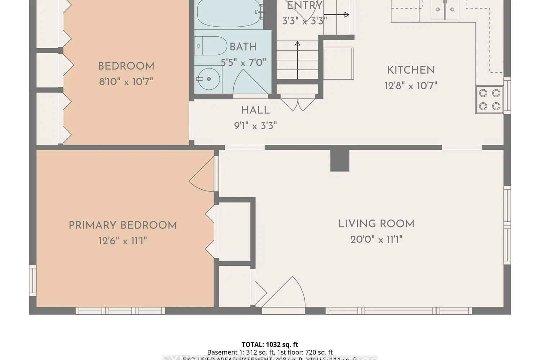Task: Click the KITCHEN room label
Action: coord(411,70)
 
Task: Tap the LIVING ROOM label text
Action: coord(376,224)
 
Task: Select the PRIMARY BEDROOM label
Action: coord(123,225)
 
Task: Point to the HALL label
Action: coord(255,110)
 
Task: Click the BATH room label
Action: coord(243,47)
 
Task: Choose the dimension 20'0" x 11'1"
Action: coord(376,239)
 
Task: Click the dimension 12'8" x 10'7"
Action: coord(411,86)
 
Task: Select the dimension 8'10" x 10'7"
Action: coord(126,82)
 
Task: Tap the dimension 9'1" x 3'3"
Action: coord(255,126)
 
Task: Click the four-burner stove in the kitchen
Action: coord(489,100)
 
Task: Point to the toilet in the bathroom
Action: coord(211,46)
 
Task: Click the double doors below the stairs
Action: coord(298,103)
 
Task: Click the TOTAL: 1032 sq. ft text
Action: coord(270,345)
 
